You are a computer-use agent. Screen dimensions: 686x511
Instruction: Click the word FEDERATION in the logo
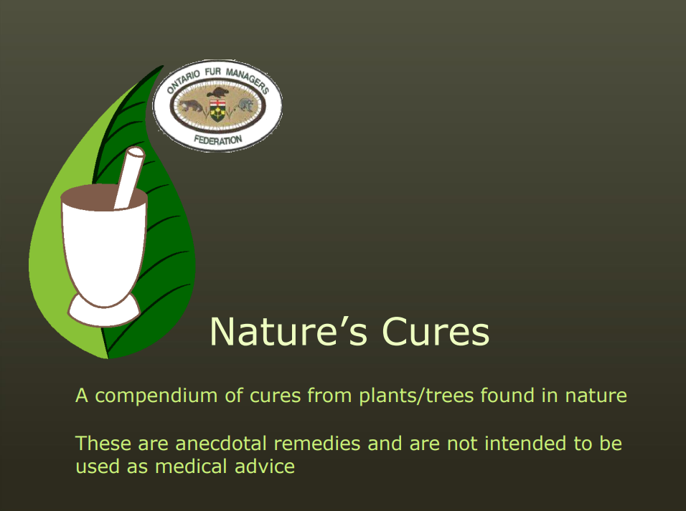[x=217, y=140]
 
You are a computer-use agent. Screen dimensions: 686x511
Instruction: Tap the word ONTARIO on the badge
[x=183, y=81]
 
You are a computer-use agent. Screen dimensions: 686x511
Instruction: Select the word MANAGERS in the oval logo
[x=247, y=80]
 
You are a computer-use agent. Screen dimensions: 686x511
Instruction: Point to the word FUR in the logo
[x=213, y=71]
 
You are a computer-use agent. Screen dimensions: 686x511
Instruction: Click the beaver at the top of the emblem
[x=217, y=92]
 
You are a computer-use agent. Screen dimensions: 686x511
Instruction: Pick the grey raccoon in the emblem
[x=245, y=105]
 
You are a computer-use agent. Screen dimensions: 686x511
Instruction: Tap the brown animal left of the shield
[x=191, y=106]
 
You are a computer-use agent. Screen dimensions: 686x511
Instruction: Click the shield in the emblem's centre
[x=217, y=110]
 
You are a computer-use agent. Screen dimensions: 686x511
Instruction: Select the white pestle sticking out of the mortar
[x=128, y=177]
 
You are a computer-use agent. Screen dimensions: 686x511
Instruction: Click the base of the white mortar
[x=103, y=311]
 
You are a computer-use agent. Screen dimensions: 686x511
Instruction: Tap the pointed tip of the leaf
[x=163, y=67]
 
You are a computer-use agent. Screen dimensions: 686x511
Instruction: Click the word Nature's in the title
[x=288, y=331]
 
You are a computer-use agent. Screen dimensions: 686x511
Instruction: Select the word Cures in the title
[x=436, y=331]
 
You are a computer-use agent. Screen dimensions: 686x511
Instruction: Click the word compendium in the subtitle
[x=156, y=396]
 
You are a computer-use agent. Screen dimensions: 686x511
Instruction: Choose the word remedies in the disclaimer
[x=316, y=444]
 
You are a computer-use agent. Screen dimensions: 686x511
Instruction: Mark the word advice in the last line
[x=265, y=467]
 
